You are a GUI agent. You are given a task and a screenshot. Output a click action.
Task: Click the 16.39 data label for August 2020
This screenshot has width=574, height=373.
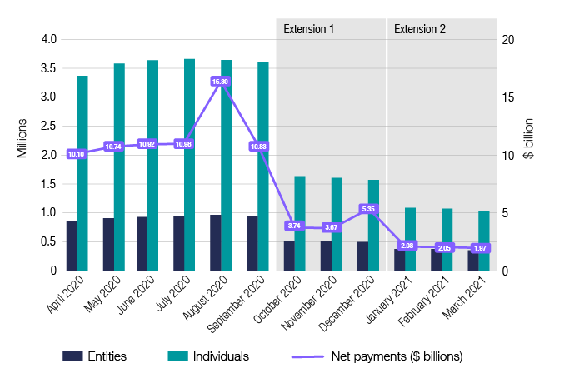coord(220,82)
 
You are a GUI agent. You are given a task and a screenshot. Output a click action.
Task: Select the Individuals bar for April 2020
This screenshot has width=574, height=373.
coord(82,173)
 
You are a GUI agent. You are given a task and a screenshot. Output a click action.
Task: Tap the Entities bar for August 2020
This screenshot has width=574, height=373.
coord(216,243)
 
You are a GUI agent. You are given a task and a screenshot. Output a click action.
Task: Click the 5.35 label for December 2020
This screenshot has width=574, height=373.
coord(367,209)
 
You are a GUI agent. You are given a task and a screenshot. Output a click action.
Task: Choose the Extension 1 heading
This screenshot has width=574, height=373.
coord(309,29)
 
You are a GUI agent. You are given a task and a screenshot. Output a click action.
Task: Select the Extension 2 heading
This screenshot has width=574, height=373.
coord(420,29)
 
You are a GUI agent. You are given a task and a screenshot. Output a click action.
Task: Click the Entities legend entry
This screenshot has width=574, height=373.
coord(96,356)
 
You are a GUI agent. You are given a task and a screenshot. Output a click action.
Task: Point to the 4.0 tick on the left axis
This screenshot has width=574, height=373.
coord(48,39)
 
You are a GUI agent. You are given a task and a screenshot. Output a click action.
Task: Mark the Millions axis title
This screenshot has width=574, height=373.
coord(22,139)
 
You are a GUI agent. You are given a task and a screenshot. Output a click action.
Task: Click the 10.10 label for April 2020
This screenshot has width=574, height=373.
coord(77,154)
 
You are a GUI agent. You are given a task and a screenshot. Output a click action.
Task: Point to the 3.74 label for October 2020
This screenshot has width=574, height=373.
coord(294,226)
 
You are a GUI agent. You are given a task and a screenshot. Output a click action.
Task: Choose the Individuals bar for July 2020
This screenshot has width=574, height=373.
coord(189,165)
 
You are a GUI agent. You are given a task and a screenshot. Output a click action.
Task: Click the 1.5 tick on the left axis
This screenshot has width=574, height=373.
coord(48,184)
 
